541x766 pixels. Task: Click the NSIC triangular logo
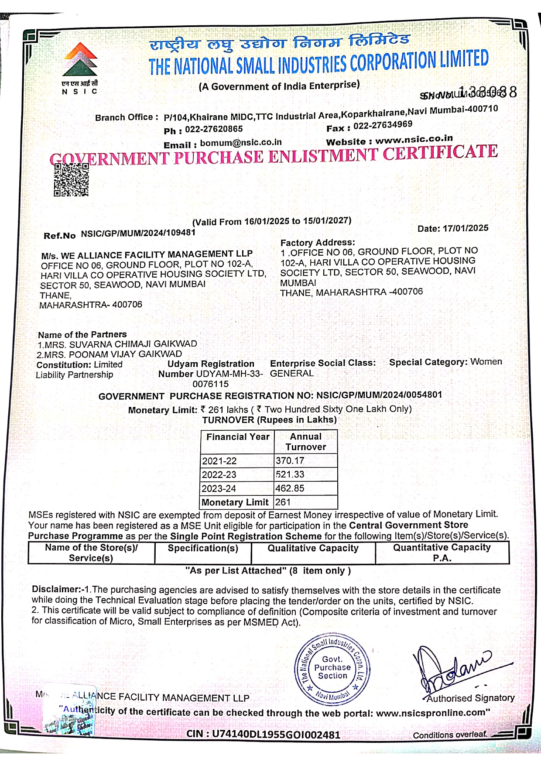tap(79, 61)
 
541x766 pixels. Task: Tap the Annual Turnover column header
tap(306, 442)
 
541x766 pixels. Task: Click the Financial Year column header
tap(238, 437)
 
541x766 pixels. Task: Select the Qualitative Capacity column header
tap(313, 548)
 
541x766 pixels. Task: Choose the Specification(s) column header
tap(203, 548)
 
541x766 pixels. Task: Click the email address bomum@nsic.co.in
tap(241, 143)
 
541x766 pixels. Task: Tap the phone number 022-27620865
tap(214, 129)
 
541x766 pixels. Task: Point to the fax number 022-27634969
tap(383, 125)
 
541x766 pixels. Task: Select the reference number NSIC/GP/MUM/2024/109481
tap(138, 233)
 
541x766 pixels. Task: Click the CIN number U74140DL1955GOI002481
tap(276, 735)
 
